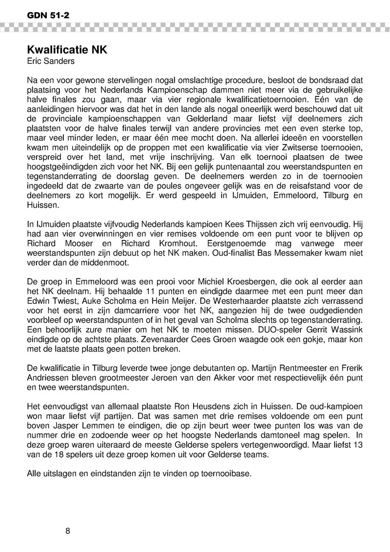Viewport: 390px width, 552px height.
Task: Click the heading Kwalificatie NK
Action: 66,50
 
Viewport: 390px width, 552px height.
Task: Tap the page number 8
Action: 68,530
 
